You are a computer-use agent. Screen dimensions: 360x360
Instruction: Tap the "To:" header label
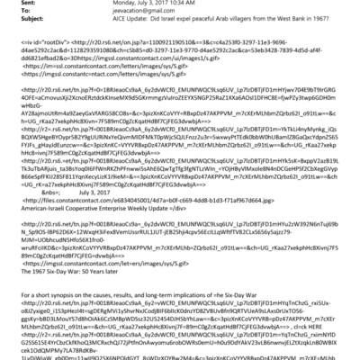click(x=9, y=12)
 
